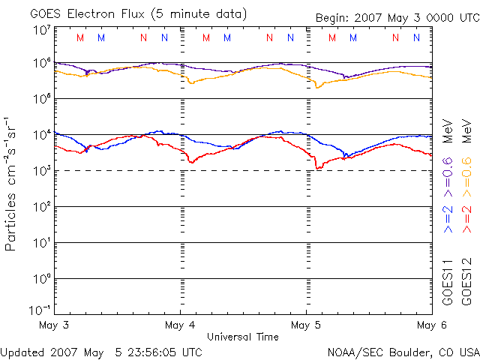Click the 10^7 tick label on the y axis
pos(41,30)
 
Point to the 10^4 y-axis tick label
pos(41,135)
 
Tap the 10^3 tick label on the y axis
pos(41,171)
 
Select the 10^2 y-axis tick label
pos(41,207)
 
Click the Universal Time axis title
pos(243,337)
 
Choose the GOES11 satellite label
pos(448,281)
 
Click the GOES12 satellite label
pos(466,281)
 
